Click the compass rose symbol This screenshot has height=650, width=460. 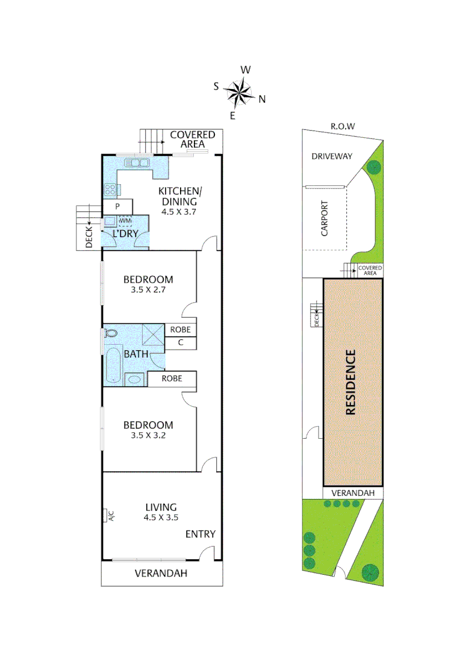[240, 92]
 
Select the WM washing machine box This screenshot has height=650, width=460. [125, 221]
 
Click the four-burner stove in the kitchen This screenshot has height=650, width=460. [111, 191]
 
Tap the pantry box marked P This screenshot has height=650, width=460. [118, 206]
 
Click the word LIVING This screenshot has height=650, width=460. [160, 507]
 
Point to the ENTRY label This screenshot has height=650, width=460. [200, 534]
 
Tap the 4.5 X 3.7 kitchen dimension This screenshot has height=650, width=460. [179, 212]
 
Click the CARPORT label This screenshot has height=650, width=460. [325, 218]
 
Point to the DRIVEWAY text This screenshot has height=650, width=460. [332, 156]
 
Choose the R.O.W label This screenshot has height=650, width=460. [343, 126]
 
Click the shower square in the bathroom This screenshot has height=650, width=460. [153, 333]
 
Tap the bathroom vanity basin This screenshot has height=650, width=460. [134, 380]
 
